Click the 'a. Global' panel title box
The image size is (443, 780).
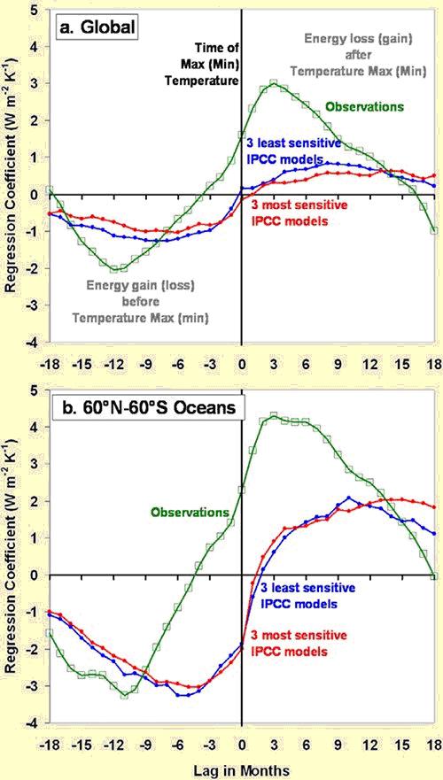point(97,27)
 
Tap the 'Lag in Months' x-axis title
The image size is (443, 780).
point(241,769)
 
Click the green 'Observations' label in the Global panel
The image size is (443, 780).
point(364,106)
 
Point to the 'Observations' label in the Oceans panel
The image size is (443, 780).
point(190,512)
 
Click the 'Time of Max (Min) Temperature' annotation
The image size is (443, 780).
point(216,64)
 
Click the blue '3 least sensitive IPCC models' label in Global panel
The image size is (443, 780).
point(294,151)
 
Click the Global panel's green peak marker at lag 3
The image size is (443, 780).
point(273,83)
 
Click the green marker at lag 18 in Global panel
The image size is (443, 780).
point(434,230)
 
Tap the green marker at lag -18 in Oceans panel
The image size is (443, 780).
point(49,633)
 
